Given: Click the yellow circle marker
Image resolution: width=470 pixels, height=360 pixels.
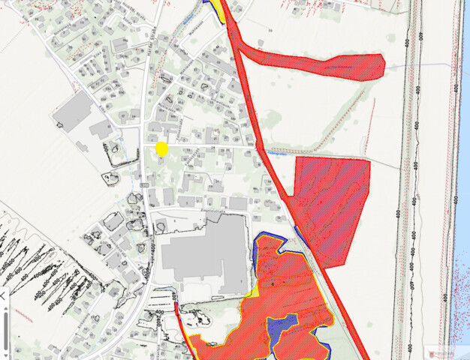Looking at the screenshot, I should coord(161,148).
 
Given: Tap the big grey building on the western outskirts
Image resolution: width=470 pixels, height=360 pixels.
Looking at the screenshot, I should coord(74,114).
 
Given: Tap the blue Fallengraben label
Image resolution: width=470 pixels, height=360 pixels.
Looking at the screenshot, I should coord(278,152).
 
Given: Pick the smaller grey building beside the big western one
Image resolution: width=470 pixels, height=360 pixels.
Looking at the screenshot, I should coord(102,129).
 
